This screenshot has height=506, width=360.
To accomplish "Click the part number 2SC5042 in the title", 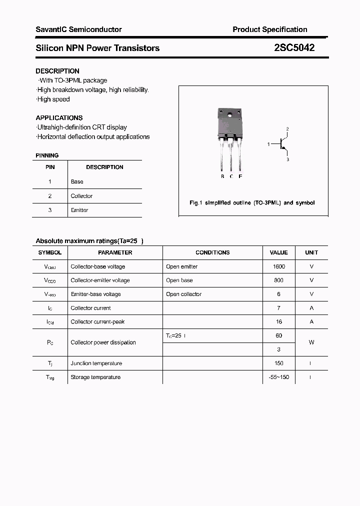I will pos(294,48).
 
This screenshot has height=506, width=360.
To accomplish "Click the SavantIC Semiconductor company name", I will pos(78,29).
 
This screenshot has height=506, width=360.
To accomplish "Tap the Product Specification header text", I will pos(270,29).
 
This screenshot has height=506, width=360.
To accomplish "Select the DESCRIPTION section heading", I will pos(57,71).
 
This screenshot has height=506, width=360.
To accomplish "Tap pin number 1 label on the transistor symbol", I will pos(269,144).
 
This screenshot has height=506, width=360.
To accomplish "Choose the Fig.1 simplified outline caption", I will pos(252,203).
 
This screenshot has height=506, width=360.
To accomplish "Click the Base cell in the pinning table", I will pos(77,181).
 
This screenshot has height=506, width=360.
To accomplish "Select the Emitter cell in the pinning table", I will pos(79,210).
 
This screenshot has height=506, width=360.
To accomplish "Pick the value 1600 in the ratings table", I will pos(279,266).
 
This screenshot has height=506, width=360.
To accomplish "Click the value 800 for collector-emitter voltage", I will pos(279,280).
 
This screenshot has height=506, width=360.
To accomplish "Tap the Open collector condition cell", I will pos(183,294).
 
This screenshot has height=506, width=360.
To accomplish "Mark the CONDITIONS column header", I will pos(212,252).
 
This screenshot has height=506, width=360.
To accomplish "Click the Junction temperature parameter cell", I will pos(96,363).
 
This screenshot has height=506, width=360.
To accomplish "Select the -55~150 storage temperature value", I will pos(279,377).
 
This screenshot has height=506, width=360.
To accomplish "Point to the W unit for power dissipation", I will pos(311,342).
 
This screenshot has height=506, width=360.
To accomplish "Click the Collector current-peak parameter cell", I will pos(97,322).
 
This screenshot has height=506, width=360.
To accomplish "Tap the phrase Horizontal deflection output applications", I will pos(93,136).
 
